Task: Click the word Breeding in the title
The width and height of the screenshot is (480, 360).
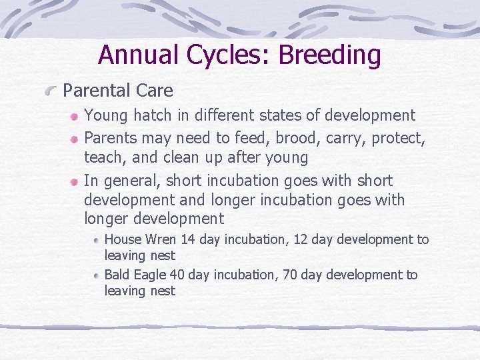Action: [x=329, y=55]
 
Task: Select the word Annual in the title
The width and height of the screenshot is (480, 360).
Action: [x=139, y=55]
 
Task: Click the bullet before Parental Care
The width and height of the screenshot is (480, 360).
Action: [x=51, y=91]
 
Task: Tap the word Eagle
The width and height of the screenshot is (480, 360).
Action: [x=149, y=275]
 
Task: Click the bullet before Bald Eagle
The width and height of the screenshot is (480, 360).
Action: [x=97, y=275]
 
